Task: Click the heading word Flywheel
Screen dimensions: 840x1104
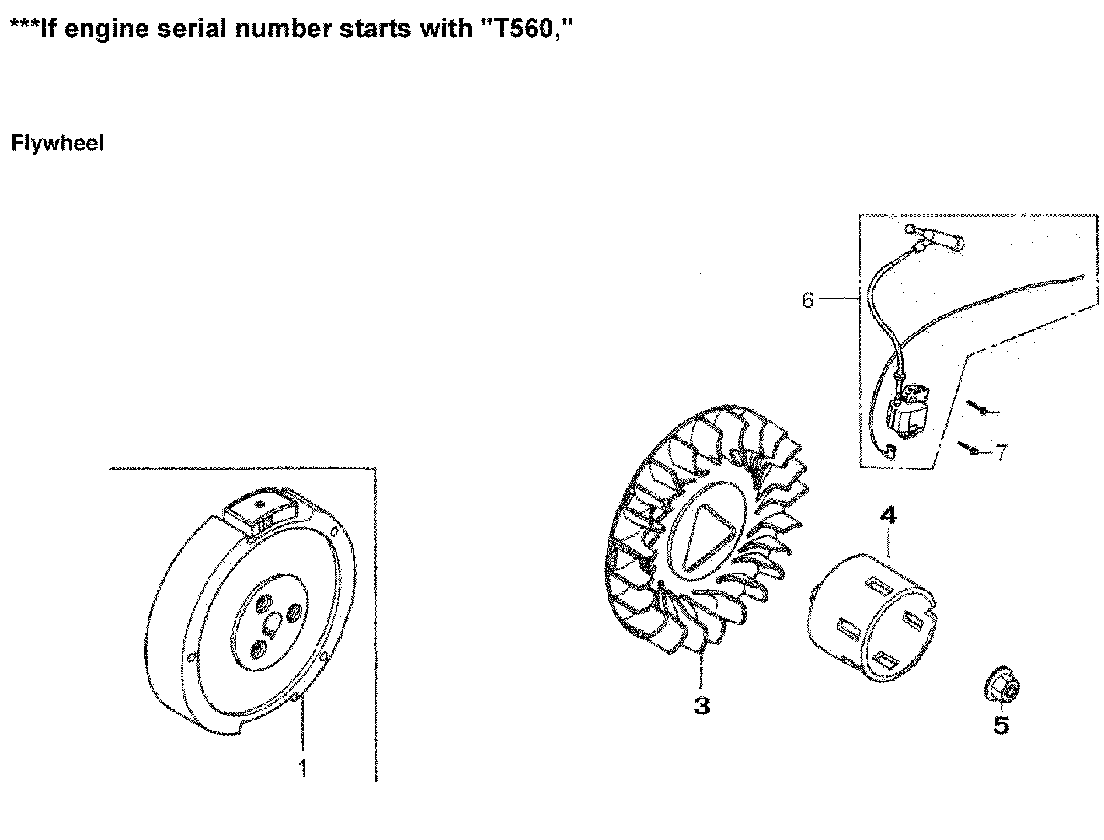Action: click(57, 143)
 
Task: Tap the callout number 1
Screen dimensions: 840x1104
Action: click(302, 768)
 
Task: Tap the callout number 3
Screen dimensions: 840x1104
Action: click(701, 705)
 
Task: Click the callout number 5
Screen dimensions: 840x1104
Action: click(1001, 725)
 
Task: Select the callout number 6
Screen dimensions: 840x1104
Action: click(807, 301)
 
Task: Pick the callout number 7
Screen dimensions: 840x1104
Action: click(1001, 452)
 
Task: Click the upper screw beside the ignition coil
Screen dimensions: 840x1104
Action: click(979, 409)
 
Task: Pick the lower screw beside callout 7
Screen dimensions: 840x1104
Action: click(969, 448)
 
